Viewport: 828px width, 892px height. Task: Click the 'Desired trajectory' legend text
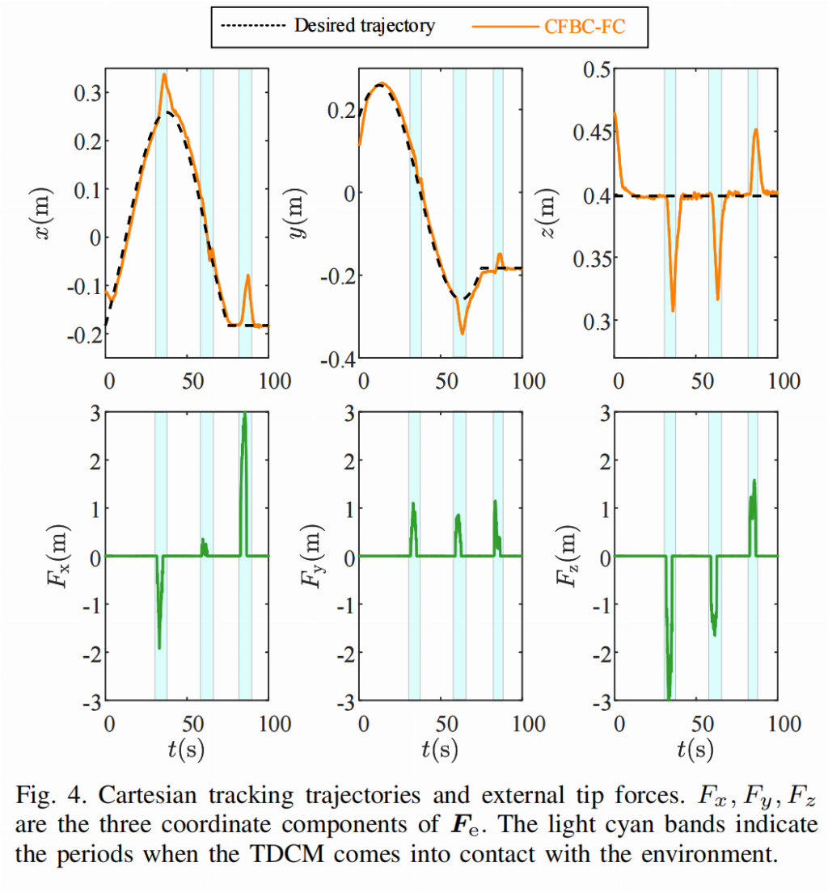click(364, 26)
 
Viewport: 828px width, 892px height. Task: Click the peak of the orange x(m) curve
click(164, 75)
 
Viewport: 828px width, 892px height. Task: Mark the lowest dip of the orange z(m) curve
click(673, 310)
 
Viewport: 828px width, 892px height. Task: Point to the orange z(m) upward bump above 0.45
click(755, 130)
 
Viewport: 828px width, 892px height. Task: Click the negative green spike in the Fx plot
click(159, 646)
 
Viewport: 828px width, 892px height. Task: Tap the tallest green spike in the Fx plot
click(244, 415)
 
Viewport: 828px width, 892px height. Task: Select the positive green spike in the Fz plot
click(754, 482)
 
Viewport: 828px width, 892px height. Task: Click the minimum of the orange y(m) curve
click(463, 333)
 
